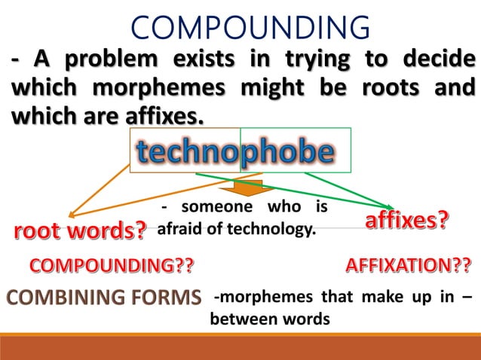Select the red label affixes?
(407, 221)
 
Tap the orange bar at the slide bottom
(240, 346)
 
